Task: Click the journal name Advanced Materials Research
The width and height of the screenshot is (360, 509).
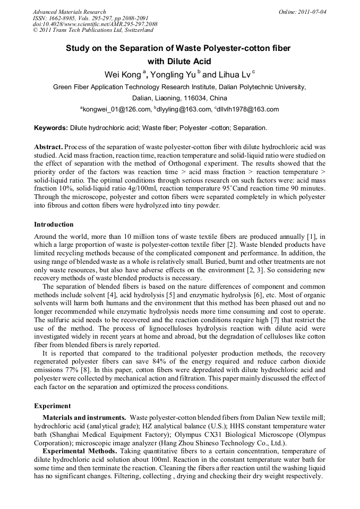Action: pos(69,12)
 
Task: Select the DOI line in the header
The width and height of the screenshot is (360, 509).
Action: pos(95,24)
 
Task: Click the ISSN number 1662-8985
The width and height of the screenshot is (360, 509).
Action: pos(62,18)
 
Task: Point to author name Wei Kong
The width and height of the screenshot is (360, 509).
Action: pos(123,74)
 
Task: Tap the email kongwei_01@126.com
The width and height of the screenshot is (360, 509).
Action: pos(117,109)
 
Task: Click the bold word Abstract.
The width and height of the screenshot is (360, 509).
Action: pos(48,146)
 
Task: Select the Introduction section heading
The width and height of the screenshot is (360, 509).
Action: pos(54,225)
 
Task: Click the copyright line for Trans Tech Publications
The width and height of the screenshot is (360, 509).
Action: pos(93,30)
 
